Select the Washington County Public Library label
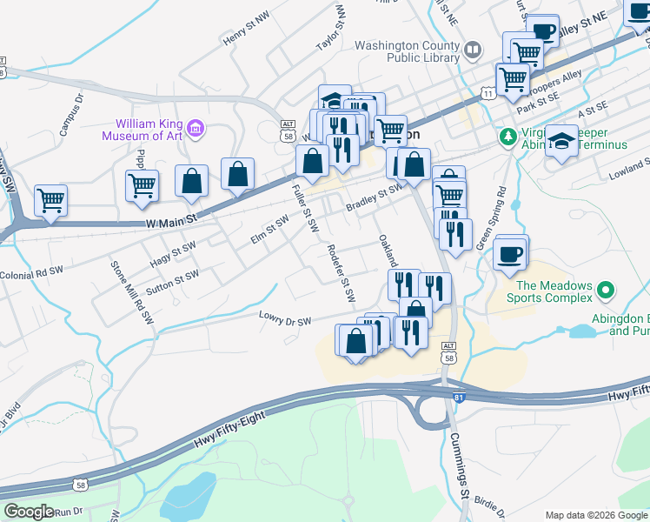(x=408, y=51)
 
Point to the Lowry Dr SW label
(x=285, y=321)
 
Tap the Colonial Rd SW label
(x=32, y=270)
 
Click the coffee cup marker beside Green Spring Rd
(x=511, y=255)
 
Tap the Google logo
(x=29, y=511)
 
